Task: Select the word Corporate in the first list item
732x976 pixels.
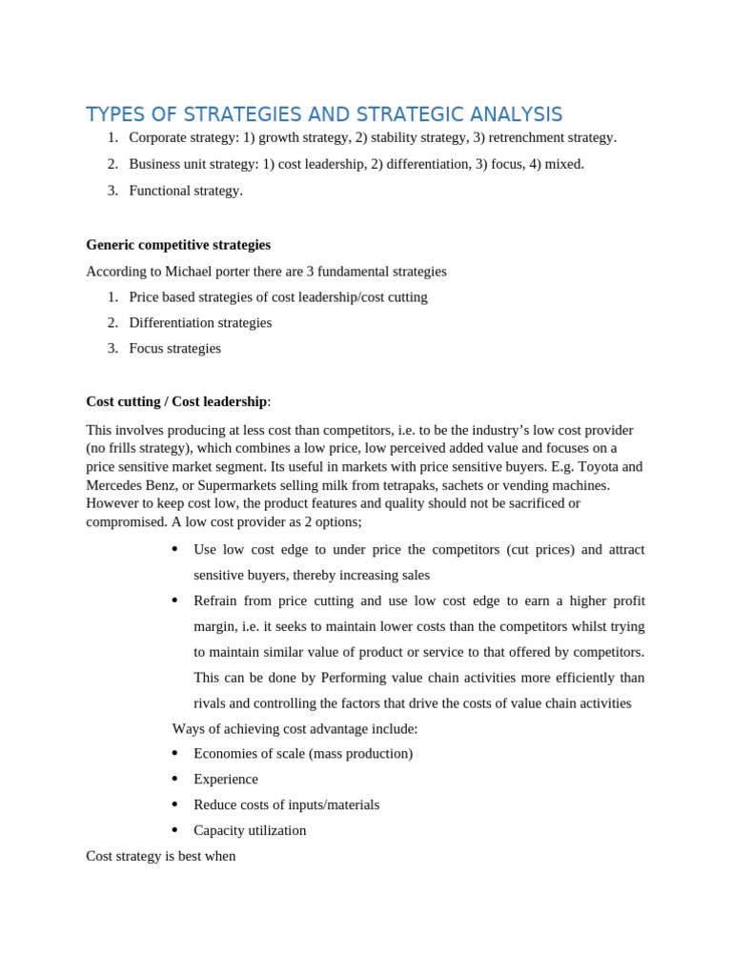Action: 158,137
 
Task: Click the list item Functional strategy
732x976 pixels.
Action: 186,191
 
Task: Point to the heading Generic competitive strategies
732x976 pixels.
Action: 178,245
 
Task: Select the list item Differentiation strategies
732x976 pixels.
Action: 200,323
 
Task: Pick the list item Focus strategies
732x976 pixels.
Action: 174,349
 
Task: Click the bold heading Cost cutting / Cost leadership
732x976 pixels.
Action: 176,401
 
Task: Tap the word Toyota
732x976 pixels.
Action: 599,467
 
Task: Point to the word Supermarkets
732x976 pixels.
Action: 237,485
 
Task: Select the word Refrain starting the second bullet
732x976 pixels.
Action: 216,601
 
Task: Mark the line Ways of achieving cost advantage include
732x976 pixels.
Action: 295,729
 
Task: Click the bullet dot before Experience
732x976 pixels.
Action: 174,779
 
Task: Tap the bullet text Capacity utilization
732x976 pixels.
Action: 250,830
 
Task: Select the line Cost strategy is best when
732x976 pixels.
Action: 160,856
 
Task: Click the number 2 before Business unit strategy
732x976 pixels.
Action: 112,164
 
